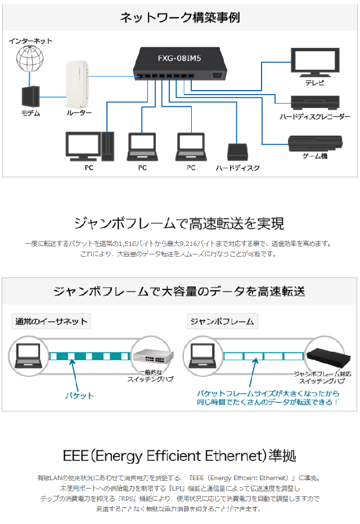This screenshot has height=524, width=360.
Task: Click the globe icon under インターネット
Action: pos(30,59)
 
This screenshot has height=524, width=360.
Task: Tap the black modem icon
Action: pos(30,97)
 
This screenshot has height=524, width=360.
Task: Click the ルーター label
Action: pos(79,113)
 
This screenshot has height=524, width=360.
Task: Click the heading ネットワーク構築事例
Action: pos(180,17)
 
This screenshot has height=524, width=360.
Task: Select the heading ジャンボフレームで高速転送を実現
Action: pos(179,223)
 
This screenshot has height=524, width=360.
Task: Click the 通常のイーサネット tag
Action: pos(51,321)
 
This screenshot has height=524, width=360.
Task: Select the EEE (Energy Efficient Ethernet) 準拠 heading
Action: pos(179,455)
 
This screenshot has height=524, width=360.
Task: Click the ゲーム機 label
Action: pos(315,156)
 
